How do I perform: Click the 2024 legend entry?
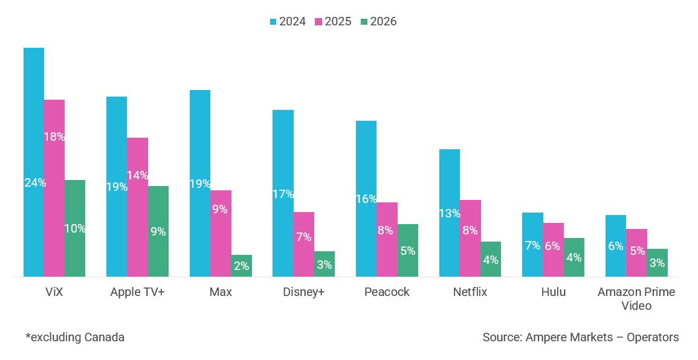(x=288, y=22)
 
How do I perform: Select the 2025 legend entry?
(x=333, y=22)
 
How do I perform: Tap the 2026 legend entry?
(x=378, y=22)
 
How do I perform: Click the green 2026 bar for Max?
(x=241, y=266)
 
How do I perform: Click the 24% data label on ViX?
(x=35, y=182)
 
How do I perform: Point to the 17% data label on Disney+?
(x=283, y=194)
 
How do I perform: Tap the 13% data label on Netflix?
(x=450, y=213)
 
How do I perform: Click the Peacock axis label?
(x=387, y=292)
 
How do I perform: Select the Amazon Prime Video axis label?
(x=636, y=299)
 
